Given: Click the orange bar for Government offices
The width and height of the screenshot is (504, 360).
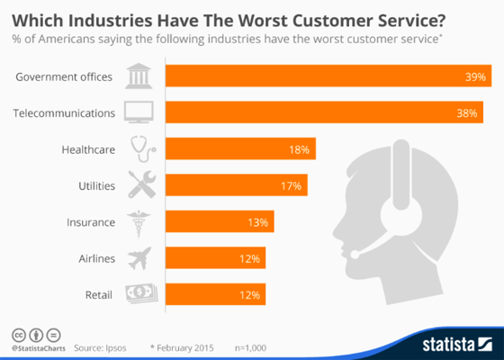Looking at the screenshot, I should click(x=324, y=76).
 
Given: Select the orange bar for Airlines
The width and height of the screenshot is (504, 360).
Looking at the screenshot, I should click(x=215, y=258).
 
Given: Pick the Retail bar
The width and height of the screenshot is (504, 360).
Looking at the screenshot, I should click(x=215, y=294).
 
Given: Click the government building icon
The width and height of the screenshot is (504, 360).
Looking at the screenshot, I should click(x=140, y=76).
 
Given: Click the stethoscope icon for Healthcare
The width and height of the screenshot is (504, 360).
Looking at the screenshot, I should click(x=141, y=148).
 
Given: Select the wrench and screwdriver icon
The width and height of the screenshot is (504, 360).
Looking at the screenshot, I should click(x=141, y=185).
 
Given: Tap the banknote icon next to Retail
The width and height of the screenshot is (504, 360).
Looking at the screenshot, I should click(x=141, y=294).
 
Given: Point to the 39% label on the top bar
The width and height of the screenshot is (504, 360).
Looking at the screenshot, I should click(x=474, y=76).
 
